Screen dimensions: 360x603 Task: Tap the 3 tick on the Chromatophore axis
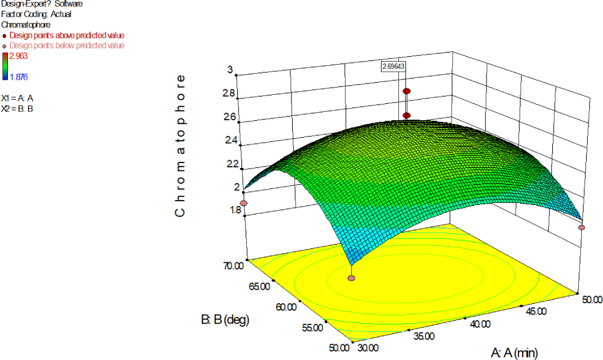(231, 69)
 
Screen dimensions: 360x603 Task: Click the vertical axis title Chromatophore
(179, 146)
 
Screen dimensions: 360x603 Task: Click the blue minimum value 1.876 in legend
(19, 76)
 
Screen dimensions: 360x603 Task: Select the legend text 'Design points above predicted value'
(67, 36)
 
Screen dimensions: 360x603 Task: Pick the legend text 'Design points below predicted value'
(67, 45)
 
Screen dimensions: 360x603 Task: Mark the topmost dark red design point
(407, 91)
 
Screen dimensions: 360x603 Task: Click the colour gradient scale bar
(4, 66)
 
